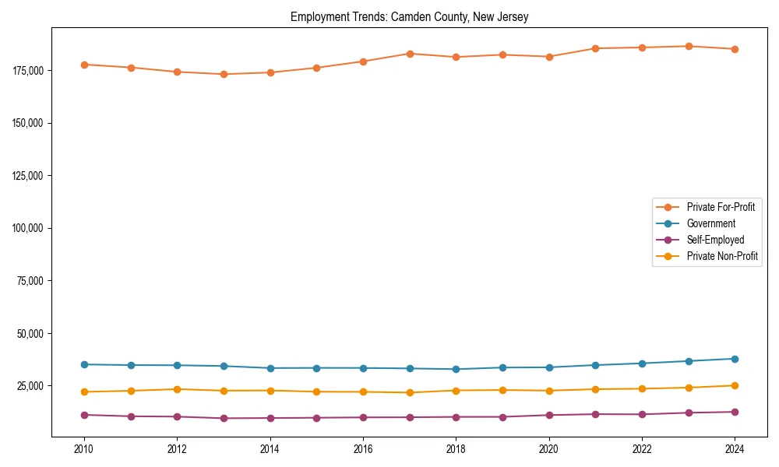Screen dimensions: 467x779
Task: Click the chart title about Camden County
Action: point(409,17)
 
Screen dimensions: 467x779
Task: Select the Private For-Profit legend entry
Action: point(721,207)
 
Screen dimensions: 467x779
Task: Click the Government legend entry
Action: point(710,223)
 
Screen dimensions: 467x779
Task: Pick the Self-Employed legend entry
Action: point(715,240)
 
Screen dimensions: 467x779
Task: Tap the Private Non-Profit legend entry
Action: point(722,256)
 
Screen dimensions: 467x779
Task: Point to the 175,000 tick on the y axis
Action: point(26,70)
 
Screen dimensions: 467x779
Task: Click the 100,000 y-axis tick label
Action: point(26,228)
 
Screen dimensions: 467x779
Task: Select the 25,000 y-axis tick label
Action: point(29,386)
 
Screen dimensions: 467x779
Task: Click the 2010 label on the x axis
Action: point(84,449)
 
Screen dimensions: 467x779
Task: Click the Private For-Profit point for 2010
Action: point(84,65)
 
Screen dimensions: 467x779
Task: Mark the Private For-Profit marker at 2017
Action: point(410,54)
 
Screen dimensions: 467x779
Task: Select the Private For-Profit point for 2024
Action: point(735,49)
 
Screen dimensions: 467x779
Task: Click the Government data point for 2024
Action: point(735,359)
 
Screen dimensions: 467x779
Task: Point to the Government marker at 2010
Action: point(84,364)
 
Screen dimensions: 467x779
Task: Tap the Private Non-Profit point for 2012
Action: point(177,389)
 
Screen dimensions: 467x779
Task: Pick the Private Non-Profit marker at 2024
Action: point(735,385)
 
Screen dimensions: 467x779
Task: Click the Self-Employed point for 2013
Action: point(224,418)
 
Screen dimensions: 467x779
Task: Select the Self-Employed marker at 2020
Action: point(549,415)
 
